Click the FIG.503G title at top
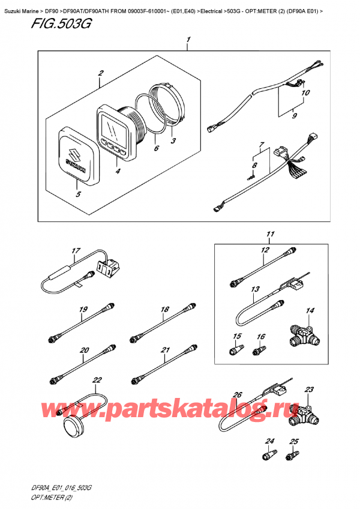(61, 23)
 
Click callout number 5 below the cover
(78, 194)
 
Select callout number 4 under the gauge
(118, 170)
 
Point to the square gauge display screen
(112, 128)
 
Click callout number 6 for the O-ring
(156, 148)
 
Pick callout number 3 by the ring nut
(173, 140)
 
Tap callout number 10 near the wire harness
(305, 93)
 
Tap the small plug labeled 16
(259, 351)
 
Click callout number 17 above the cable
(76, 251)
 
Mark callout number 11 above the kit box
(271, 233)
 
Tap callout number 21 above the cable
(165, 350)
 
